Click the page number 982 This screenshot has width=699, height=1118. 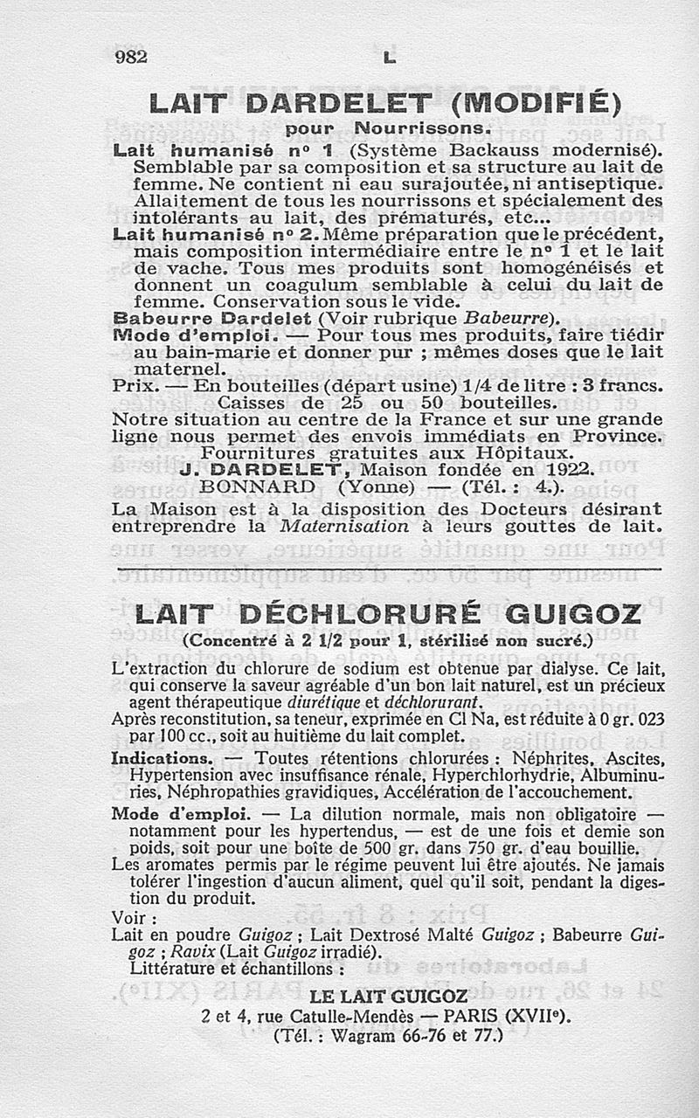click(131, 57)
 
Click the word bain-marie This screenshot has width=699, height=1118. click(209, 351)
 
